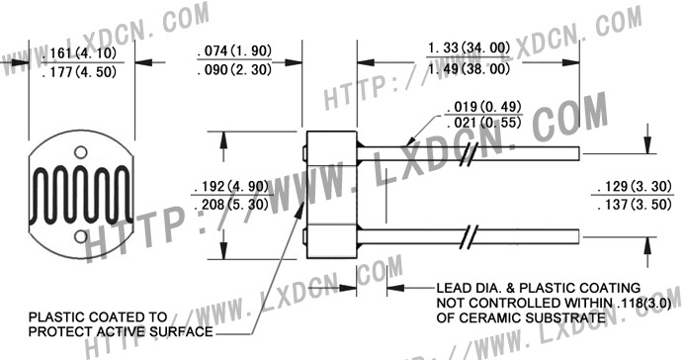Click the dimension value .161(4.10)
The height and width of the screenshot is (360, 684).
(80, 53)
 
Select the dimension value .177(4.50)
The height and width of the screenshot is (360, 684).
(80, 71)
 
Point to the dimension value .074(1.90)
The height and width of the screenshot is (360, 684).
(234, 50)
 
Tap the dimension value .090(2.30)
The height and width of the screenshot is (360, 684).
(234, 69)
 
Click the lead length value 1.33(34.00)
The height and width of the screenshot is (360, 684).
(469, 48)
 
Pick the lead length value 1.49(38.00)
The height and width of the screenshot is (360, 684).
(469, 68)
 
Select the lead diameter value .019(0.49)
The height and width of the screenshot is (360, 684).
(484, 107)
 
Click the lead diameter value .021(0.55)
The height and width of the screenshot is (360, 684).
(484, 123)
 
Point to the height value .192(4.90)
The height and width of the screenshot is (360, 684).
(231, 186)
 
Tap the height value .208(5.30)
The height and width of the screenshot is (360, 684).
(231, 204)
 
